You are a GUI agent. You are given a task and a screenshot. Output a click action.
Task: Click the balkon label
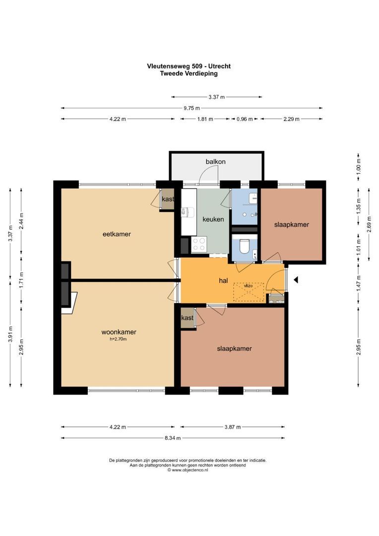click(x=215, y=161)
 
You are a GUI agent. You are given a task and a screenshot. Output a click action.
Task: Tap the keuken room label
click(x=213, y=219)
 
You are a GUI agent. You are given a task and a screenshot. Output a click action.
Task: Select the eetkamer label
click(x=117, y=234)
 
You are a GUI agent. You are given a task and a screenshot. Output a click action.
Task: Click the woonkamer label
click(x=119, y=332)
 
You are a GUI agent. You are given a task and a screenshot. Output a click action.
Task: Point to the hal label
click(x=223, y=280)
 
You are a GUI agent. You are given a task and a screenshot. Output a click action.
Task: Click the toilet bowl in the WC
click(x=245, y=246)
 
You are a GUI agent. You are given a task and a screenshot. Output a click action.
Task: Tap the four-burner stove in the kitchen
click(x=199, y=244)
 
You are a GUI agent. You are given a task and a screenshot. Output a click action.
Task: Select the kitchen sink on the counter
click(x=188, y=212)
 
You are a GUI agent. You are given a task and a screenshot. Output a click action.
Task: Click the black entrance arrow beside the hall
click(x=296, y=280)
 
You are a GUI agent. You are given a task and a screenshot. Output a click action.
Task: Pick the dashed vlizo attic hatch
click(x=249, y=292)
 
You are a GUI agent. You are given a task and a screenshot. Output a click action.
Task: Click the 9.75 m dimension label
click(x=191, y=108)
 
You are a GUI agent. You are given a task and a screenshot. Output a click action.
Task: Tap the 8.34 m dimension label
click(x=173, y=438)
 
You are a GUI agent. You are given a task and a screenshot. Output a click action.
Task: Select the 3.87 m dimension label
click(x=232, y=427)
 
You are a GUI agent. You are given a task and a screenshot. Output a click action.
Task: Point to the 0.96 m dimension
click(x=245, y=119)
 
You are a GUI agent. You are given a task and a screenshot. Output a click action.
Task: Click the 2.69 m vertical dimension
click(x=369, y=224)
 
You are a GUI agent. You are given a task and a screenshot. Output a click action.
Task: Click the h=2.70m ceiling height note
click(x=118, y=339)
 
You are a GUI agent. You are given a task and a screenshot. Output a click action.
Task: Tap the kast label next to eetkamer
click(x=168, y=199)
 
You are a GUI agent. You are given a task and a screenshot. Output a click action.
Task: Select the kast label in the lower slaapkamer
click(x=188, y=318)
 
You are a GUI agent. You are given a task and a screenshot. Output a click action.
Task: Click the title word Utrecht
click(x=219, y=67)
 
